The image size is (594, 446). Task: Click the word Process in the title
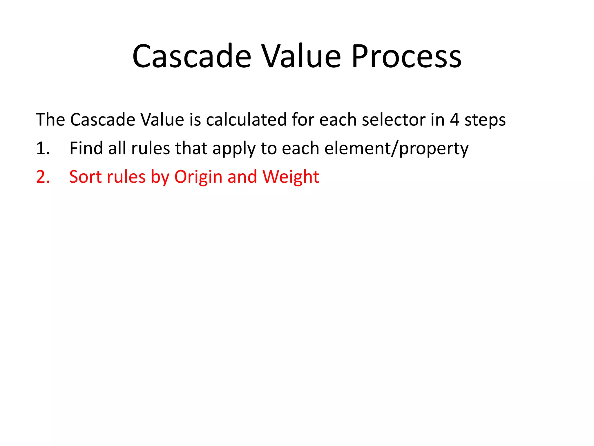tap(407, 56)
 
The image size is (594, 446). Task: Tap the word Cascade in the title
tap(192, 56)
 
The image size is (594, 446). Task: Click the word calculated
tap(246, 120)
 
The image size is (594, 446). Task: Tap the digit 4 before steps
tap(454, 120)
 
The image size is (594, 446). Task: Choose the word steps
tap(485, 120)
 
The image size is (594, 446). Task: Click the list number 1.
tap(43, 148)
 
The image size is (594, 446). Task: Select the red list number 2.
tap(43, 177)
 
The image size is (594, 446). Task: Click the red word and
tap(242, 177)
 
